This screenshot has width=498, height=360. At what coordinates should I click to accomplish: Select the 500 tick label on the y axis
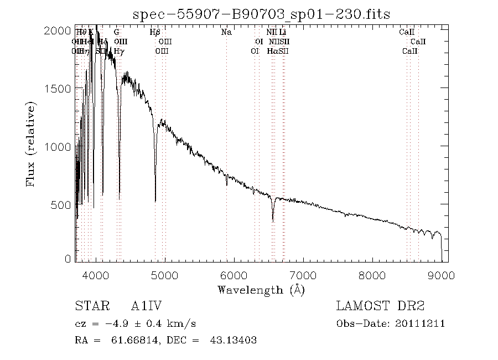62,204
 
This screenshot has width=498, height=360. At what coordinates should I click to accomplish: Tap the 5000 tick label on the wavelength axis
165,275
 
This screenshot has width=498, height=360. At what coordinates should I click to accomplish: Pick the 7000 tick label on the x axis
303,275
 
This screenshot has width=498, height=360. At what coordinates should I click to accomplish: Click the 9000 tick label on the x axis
441,275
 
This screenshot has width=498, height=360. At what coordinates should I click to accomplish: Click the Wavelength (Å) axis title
261,290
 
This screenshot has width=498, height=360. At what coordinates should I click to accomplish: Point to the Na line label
226,32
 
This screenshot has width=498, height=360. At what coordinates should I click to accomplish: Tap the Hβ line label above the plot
155,32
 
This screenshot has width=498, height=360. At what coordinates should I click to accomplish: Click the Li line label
282,32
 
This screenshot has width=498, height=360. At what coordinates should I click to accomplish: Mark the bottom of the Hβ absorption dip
155,201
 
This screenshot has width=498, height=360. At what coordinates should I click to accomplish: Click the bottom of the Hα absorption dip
273,221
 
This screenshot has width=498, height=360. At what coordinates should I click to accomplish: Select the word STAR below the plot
89,306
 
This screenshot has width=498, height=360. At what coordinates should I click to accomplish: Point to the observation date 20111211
421,323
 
